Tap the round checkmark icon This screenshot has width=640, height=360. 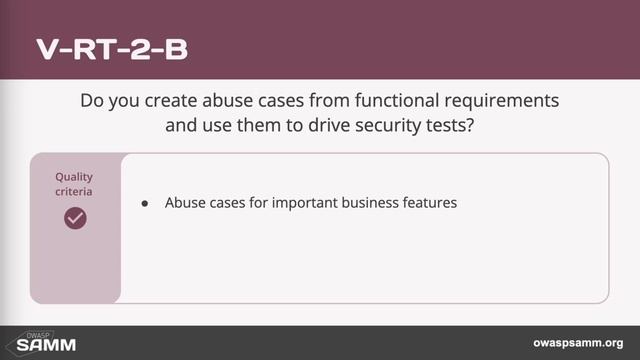coord(75,217)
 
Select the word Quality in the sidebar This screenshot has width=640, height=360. coord(74,176)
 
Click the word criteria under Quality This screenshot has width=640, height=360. coord(74,190)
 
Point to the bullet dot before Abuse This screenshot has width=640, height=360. coord(145,203)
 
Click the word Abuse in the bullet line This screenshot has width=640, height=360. coord(183,202)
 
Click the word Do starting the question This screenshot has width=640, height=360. coord(91,102)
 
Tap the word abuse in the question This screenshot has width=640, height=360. coord(227,102)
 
